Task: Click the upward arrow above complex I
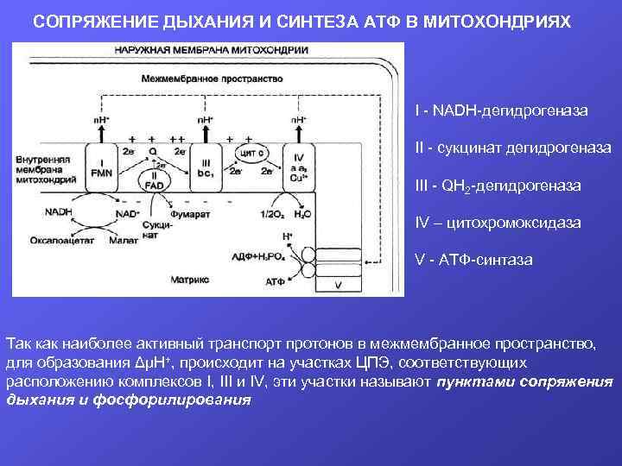click(102, 129)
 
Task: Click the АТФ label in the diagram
click(276, 282)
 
